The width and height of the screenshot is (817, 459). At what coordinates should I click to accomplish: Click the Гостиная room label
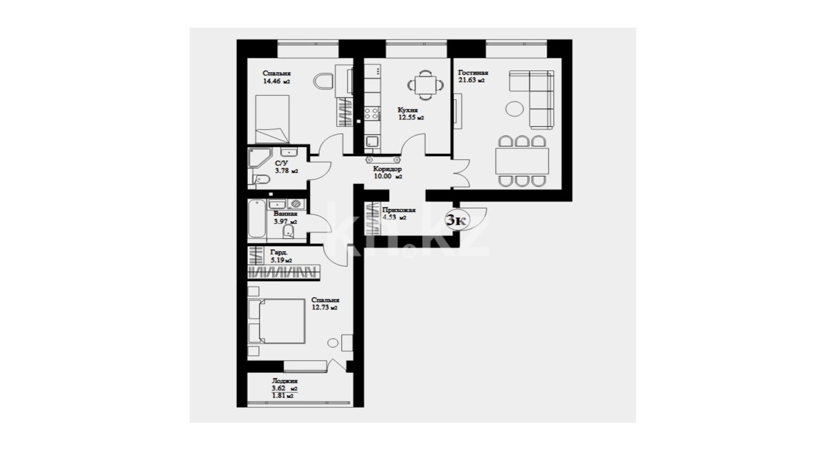(x=473, y=72)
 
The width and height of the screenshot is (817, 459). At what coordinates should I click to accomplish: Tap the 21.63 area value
(x=467, y=80)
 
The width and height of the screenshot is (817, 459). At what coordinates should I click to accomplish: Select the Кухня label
(x=407, y=110)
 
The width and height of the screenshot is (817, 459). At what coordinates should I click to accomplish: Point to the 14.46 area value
(x=272, y=81)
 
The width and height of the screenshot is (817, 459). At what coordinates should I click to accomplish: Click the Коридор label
(x=388, y=169)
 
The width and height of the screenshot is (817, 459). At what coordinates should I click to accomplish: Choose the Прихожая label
(x=399, y=210)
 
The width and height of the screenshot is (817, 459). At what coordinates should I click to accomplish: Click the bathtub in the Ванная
(x=257, y=219)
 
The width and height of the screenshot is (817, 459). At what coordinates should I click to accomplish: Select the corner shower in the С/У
(x=259, y=158)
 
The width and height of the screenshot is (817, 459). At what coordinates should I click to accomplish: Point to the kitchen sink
(x=372, y=141)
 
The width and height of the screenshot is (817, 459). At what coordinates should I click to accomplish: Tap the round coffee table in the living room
(x=514, y=109)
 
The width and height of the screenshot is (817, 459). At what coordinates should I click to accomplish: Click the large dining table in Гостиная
(x=522, y=161)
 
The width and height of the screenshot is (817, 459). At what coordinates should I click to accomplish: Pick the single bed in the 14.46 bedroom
(x=272, y=119)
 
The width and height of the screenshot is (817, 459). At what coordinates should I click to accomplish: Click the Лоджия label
(x=285, y=381)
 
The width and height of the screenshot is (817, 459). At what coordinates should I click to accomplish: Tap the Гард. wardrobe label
(x=279, y=252)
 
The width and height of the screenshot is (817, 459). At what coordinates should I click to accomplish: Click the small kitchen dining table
(x=426, y=85)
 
